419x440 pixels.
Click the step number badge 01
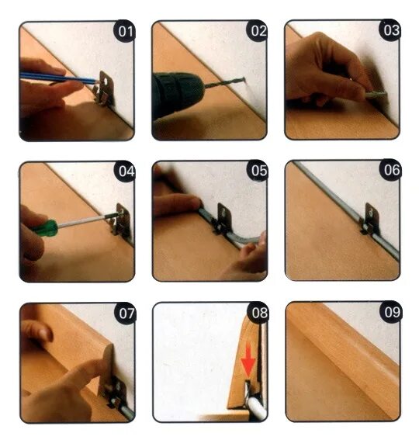124,31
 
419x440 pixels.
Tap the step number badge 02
258,30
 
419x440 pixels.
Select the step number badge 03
390,30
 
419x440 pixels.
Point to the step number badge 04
125,171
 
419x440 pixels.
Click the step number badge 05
258,170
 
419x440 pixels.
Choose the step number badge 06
390,170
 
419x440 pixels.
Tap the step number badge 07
126,314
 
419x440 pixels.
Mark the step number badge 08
258,313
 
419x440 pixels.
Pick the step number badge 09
391,312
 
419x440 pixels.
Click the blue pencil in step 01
59,78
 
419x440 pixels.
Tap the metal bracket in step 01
103,88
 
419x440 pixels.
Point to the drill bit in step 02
224,83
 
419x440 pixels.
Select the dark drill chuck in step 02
177,92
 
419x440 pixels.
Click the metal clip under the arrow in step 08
248,389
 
